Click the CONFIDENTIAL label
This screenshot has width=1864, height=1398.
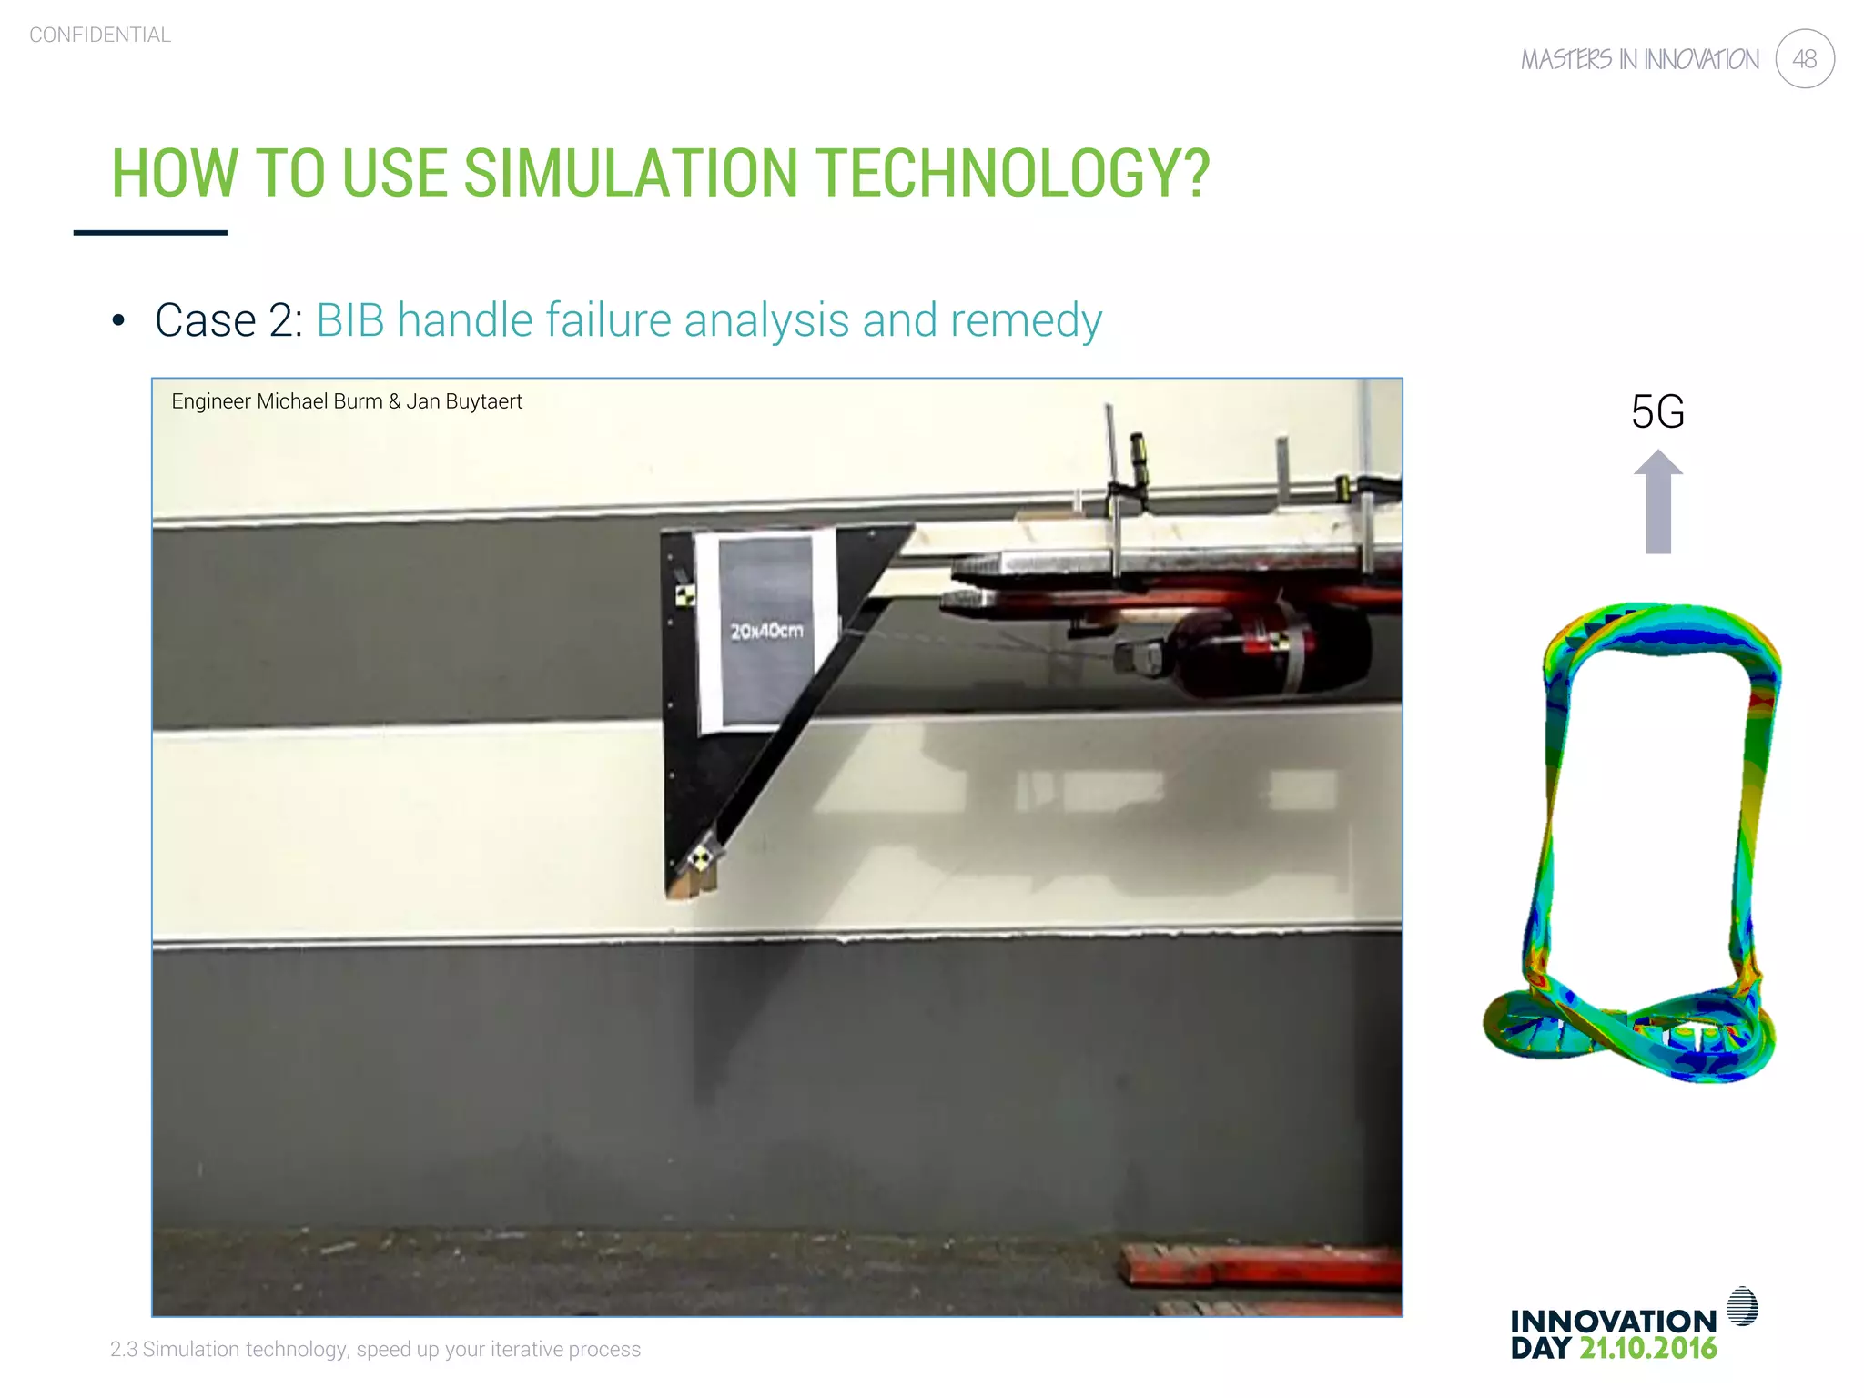point(100,35)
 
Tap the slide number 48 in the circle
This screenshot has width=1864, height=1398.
point(1804,59)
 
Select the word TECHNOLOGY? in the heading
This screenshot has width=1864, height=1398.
point(1011,173)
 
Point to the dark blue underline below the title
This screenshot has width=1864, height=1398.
point(150,233)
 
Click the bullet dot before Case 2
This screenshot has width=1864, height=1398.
point(117,320)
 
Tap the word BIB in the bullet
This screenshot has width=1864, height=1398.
point(349,320)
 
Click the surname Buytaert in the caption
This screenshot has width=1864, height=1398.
point(483,401)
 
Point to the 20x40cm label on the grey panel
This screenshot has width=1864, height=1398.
point(766,630)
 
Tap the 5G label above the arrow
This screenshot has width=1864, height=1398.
point(1657,411)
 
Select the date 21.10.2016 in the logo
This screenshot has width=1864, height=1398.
point(1647,1348)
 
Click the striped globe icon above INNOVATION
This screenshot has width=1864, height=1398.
point(1742,1306)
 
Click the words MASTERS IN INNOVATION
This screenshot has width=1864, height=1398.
point(1640,60)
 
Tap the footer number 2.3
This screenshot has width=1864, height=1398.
point(123,1349)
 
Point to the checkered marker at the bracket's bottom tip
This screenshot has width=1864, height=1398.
point(700,856)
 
